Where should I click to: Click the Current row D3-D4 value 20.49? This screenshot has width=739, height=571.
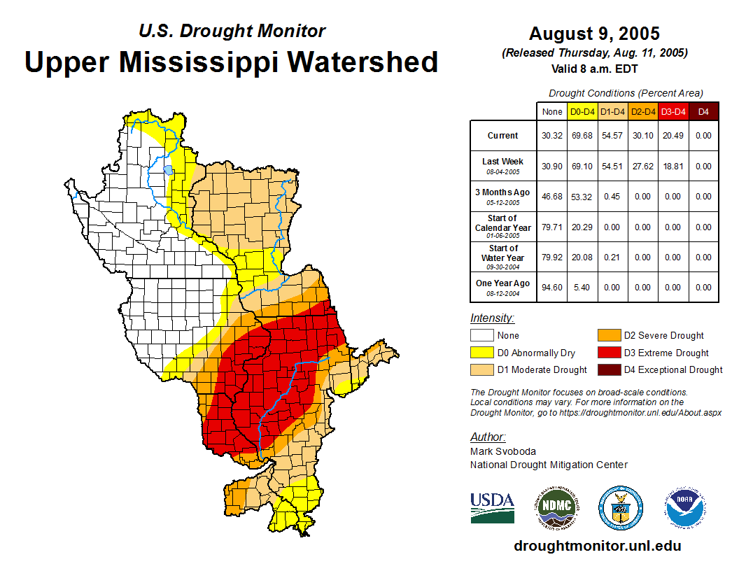tap(673, 136)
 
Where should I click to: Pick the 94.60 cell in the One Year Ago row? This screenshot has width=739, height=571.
tap(552, 288)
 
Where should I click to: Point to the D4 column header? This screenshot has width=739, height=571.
tap(703, 111)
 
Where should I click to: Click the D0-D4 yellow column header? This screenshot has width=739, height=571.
tap(582, 111)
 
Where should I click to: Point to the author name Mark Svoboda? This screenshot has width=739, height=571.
tap(503, 451)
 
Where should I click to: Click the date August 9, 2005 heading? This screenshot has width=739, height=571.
tap(594, 34)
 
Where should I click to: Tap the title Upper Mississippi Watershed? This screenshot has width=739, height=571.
tap(232, 62)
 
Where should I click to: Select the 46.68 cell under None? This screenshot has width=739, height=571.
tap(552, 197)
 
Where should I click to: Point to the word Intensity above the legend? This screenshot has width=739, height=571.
tap(492, 318)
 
